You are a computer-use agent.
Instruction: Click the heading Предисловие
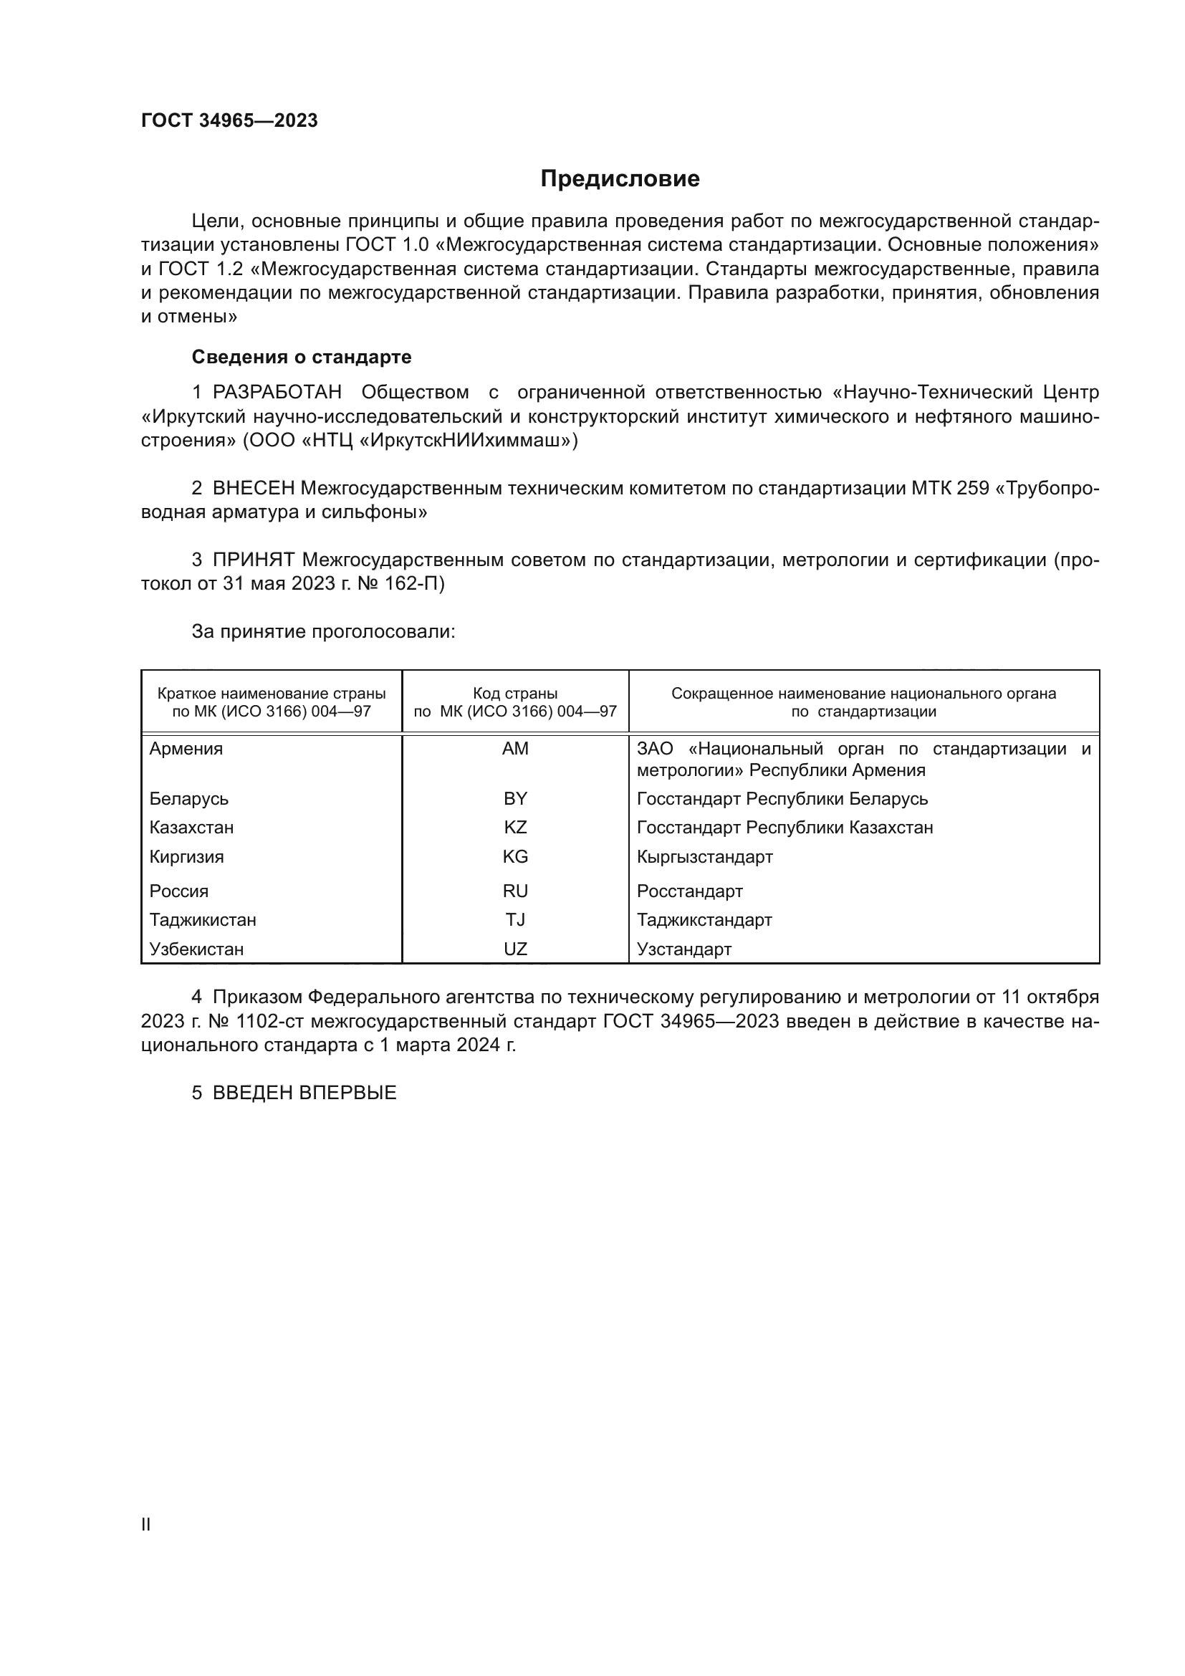[x=620, y=179]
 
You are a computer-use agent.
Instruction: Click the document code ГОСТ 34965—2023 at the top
[x=229, y=120]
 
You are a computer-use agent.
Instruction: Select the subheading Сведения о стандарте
[x=302, y=357]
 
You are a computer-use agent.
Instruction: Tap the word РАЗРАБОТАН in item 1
[x=277, y=393]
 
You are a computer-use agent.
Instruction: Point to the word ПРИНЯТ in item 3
[x=253, y=560]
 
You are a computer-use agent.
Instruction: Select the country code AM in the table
[x=515, y=749]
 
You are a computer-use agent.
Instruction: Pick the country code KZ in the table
[x=515, y=828]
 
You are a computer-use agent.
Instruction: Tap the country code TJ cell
[x=515, y=920]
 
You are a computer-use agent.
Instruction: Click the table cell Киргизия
[x=187, y=857]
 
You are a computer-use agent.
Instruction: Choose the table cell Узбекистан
[x=196, y=949]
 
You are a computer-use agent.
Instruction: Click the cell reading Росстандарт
[x=689, y=891]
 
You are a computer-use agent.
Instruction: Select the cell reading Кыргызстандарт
[x=704, y=857]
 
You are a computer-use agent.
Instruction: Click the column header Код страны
[x=515, y=694]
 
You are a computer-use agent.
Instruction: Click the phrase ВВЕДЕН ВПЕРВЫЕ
[x=304, y=1093]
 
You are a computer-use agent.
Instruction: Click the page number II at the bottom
[x=146, y=1524]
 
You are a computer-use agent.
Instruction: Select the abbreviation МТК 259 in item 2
[x=950, y=489]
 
